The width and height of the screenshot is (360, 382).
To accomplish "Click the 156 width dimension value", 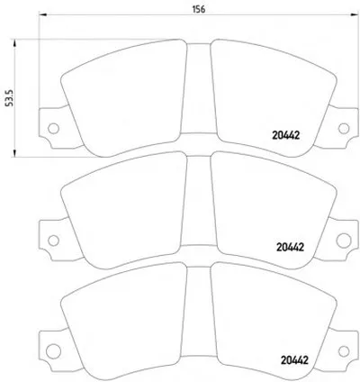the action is [199, 9].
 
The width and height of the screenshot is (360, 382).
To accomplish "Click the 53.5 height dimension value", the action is [11, 98].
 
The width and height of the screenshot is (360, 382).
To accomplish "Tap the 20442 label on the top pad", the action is [286, 135].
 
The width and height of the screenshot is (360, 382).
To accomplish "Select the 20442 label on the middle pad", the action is [290, 247].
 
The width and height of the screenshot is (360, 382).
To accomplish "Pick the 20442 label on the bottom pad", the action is [294, 359].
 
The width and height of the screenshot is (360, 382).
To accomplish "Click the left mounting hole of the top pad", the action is [53, 128].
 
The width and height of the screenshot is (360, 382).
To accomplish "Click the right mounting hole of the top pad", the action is [344, 128].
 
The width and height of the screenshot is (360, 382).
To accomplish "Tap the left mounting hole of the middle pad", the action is [53, 241].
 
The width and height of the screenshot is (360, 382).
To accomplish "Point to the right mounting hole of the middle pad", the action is [344, 241].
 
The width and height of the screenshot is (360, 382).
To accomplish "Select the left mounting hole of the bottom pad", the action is [53, 351].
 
